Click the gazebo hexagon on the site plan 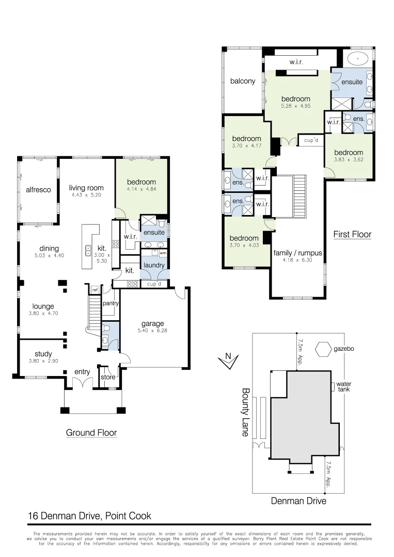(x=324, y=349)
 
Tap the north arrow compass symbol (x=227, y=361)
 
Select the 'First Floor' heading (x=352, y=234)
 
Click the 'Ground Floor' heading (x=91, y=433)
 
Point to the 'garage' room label (x=152, y=324)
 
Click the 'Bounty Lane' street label (x=246, y=412)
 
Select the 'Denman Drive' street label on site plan (x=298, y=500)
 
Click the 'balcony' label (x=243, y=81)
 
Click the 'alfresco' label (x=38, y=190)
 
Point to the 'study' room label (x=43, y=354)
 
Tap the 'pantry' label (x=111, y=304)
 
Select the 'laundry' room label (x=154, y=266)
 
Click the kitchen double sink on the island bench (x=88, y=251)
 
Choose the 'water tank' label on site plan (x=343, y=387)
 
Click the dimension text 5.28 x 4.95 (x=295, y=106)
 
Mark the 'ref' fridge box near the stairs (x=94, y=290)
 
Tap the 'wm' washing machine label (x=163, y=253)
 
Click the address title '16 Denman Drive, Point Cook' (x=89, y=516)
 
